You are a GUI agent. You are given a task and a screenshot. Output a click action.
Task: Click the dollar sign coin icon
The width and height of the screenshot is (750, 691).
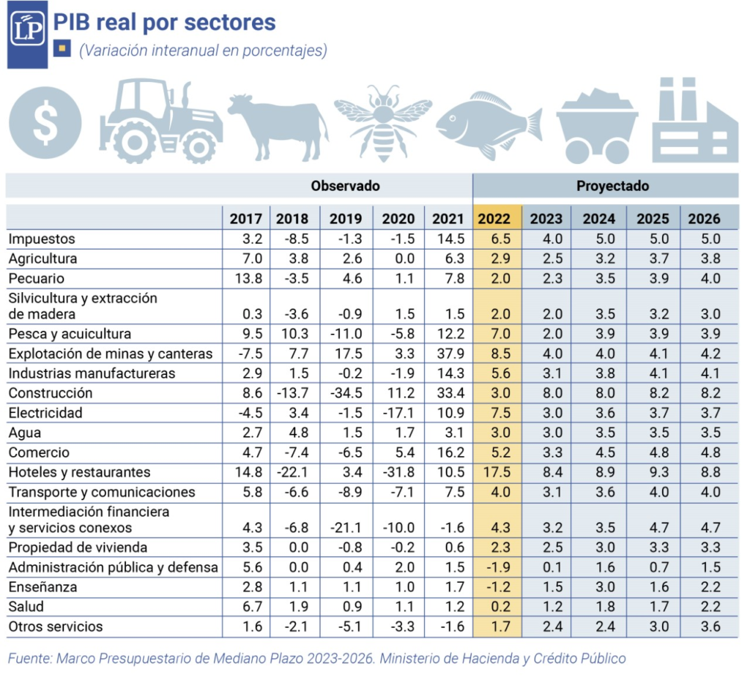(46, 123)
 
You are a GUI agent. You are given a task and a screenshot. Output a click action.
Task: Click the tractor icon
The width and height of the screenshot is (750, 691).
(160, 122)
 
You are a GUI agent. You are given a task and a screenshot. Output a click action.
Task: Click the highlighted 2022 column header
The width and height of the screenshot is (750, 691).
(497, 218)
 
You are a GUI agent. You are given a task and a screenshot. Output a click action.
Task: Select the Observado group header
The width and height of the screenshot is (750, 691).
(345, 186)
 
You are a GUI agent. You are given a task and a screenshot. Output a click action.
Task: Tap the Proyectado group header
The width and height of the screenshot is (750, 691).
(612, 186)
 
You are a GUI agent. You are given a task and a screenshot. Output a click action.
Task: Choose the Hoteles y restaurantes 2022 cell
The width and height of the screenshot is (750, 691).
(497, 472)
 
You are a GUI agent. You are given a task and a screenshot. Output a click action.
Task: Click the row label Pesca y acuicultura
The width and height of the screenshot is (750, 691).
(70, 334)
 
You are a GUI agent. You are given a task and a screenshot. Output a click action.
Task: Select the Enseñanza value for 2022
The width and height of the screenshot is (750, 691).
(497, 587)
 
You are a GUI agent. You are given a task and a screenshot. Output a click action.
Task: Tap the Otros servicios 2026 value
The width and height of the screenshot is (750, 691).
(710, 627)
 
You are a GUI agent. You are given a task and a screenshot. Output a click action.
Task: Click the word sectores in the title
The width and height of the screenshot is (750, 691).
(230, 22)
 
